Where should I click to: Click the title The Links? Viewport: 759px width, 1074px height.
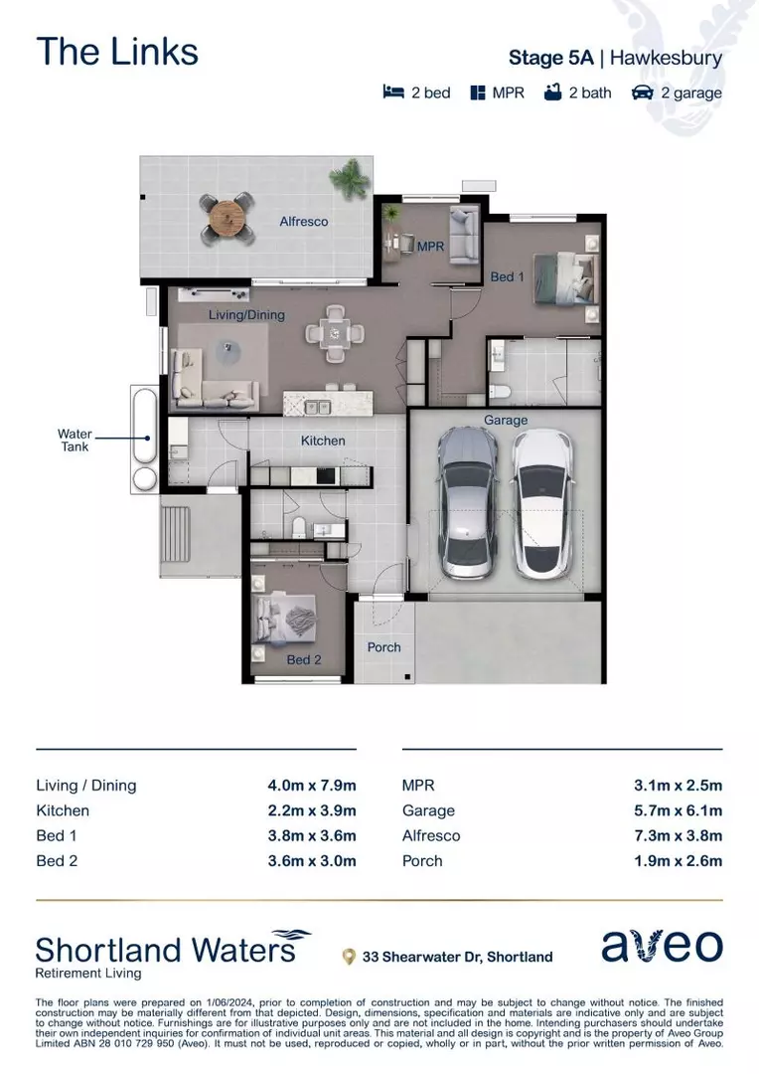click(x=117, y=52)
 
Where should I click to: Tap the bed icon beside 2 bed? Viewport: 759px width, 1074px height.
click(x=393, y=92)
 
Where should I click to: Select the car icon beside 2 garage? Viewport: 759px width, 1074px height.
click(x=643, y=92)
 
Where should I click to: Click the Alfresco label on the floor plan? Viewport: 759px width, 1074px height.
click(x=304, y=222)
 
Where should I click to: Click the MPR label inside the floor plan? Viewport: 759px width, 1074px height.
click(x=430, y=246)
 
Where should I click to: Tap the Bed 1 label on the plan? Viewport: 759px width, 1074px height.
click(x=508, y=276)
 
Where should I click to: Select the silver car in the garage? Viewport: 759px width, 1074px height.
click(x=467, y=502)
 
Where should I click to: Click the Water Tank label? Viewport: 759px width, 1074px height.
click(x=75, y=441)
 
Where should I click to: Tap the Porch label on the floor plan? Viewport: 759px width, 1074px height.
click(x=383, y=647)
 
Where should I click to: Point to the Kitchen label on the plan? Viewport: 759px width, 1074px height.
click(x=323, y=441)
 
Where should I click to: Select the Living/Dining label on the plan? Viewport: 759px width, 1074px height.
click(x=246, y=315)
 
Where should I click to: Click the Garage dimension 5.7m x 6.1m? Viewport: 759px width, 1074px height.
click(x=678, y=810)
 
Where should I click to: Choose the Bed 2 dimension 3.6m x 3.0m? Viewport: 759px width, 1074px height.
click(x=311, y=861)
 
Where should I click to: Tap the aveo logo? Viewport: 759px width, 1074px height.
click(x=663, y=946)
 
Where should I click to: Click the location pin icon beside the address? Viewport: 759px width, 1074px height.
click(x=349, y=957)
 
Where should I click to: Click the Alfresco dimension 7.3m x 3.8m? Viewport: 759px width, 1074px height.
click(x=678, y=836)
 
